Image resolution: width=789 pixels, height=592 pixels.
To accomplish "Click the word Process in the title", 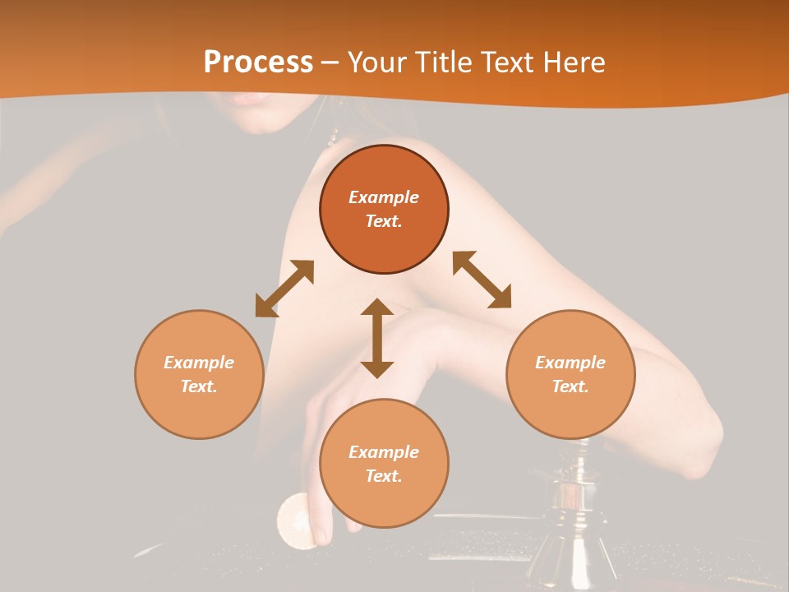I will pyautogui.click(x=258, y=62).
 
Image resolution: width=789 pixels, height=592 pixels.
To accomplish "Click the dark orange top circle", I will pyautogui.click(x=384, y=210).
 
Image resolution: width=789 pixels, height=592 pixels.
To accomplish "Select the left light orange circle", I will pyautogui.click(x=199, y=374).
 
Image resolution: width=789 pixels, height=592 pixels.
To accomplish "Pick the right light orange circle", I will pyautogui.click(x=570, y=374).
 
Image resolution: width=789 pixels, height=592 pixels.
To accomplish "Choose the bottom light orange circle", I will pyautogui.click(x=384, y=464).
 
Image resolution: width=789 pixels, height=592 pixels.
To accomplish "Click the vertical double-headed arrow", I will pyautogui.click(x=377, y=338).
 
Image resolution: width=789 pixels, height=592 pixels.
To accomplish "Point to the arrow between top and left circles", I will pyautogui.click(x=284, y=289).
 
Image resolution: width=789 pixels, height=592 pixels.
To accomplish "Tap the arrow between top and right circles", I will pyautogui.click(x=482, y=280).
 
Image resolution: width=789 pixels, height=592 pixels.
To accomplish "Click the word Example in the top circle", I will pyautogui.click(x=384, y=197).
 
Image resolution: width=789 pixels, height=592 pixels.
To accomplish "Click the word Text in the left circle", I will pyautogui.click(x=198, y=386).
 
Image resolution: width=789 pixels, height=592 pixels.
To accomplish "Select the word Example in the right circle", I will pyautogui.click(x=570, y=363).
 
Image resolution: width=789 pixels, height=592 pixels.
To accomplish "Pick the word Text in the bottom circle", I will pyautogui.click(x=383, y=476).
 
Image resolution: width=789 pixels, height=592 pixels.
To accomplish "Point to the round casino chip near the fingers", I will pyautogui.click(x=295, y=520).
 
